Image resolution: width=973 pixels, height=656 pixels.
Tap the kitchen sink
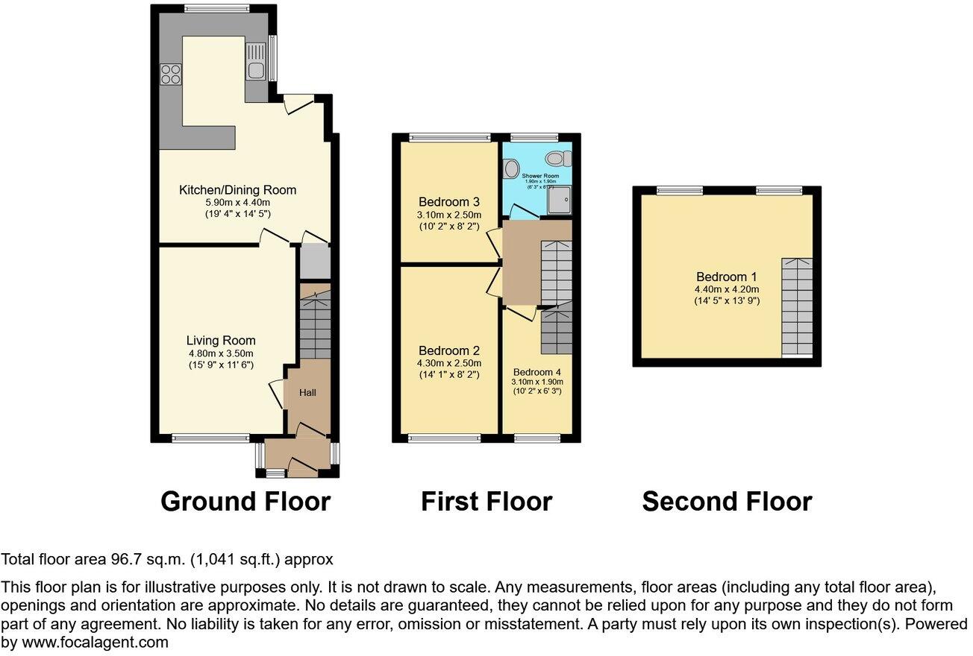(x=256, y=62)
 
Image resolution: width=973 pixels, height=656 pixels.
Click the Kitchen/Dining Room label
(x=237, y=190)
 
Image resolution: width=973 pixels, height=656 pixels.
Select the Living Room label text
(x=222, y=341)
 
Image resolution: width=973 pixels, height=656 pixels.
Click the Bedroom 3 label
(x=448, y=202)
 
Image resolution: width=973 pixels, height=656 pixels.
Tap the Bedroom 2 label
(x=448, y=351)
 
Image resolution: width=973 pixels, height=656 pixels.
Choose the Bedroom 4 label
(x=537, y=372)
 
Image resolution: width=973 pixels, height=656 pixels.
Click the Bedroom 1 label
(x=727, y=277)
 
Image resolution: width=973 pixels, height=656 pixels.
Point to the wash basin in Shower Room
(x=511, y=169)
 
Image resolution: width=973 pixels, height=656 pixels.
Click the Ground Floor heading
(x=245, y=502)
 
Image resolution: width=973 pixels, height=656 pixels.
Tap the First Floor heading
(x=486, y=502)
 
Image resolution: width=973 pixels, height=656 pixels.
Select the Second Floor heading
(x=727, y=502)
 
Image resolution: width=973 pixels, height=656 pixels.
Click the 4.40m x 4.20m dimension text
(x=727, y=289)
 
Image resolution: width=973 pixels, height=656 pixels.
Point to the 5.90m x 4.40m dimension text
(x=237, y=202)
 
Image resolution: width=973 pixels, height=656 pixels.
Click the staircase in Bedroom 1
(x=797, y=306)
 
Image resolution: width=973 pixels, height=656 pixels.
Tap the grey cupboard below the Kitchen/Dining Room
(x=313, y=261)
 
